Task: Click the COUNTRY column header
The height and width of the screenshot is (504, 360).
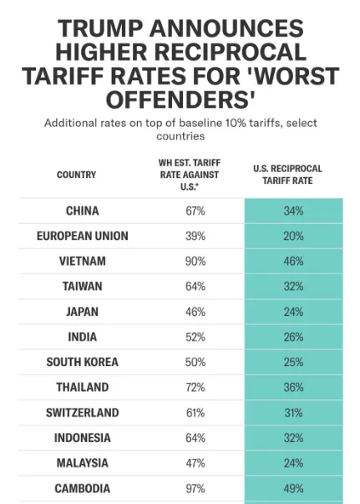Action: (x=76, y=175)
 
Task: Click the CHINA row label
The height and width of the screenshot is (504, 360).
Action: (x=82, y=211)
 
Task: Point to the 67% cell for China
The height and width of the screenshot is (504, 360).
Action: (x=195, y=211)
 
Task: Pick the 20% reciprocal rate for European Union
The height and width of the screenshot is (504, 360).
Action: (x=293, y=236)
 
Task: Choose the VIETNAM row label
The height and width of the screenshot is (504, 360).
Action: (x=82, y=261)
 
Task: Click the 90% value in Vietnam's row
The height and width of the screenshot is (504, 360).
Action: (x=195, y=261)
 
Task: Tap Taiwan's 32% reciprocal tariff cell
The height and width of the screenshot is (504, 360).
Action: (x=293, y=286)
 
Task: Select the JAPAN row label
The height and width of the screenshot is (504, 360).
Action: (x=82, y=312)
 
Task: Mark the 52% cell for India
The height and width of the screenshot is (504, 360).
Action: (x=195, y=337)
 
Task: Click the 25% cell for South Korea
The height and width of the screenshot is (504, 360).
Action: (x=293, y=362)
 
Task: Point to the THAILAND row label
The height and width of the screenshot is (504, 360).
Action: (x=82, y=387)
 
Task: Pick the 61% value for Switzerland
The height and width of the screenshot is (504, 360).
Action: (x=195, y=413)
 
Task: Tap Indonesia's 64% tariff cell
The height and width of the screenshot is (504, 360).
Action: (x=195, y=438)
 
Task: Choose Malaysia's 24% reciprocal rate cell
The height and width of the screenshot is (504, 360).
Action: (x=293, y=463)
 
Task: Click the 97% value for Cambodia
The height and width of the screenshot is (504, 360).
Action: (x=195, y=488)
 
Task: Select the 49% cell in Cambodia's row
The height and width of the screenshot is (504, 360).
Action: (x=293, y=488)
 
